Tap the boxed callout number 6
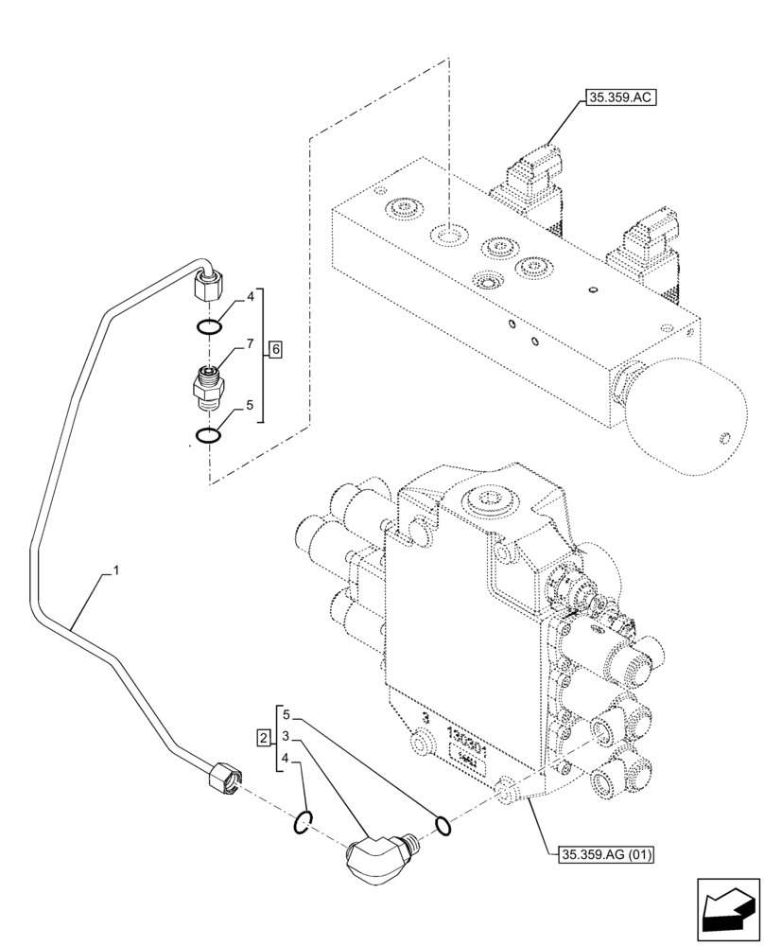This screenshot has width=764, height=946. click(274, 349)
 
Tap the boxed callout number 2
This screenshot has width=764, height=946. click(262, 736)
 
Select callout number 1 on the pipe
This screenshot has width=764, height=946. click(115, 570)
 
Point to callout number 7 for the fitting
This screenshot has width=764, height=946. click(250, 346)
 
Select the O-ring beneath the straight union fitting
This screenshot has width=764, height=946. click(209, 436)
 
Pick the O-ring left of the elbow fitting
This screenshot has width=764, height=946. click(303, 825)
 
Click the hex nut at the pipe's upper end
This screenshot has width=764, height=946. click(207, 283)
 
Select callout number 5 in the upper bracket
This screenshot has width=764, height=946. click(250, 405)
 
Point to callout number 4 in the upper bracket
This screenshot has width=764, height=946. click(250, 296)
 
